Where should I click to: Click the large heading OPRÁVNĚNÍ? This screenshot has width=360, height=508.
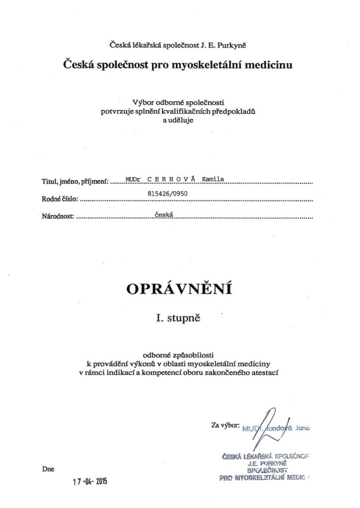click(180, 289)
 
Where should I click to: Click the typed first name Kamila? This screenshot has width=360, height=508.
click(214, 179)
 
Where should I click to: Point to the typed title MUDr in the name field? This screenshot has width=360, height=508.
click(133, 179)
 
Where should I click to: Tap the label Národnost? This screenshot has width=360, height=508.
click(58, 217)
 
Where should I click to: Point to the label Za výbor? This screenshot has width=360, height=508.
click(225, 426)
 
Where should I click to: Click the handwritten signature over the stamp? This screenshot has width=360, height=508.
click(269, 424)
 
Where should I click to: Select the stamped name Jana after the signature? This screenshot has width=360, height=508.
click(301, 428)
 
